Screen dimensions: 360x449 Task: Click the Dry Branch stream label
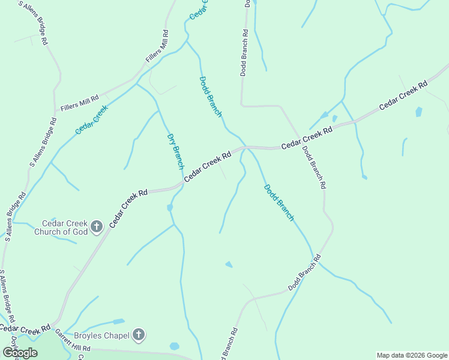[175, 151]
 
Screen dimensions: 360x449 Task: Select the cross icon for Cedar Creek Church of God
[97, 227]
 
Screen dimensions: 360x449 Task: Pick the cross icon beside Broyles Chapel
[139, 335]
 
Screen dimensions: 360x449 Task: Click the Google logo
[20, 352]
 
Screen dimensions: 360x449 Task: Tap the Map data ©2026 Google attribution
[412, 355]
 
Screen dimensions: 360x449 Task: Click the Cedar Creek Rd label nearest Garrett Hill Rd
[25, 329]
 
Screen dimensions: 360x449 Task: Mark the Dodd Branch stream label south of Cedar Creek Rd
[279, 203]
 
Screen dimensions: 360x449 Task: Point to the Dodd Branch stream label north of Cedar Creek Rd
[211, 96]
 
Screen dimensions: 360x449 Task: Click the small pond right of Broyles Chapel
[174, 346]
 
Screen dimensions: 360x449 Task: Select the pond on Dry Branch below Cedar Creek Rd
[170, 207]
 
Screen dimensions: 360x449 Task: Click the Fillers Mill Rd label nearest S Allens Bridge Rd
[79, 102]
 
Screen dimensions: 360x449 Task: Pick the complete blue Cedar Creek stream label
[91, 119]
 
